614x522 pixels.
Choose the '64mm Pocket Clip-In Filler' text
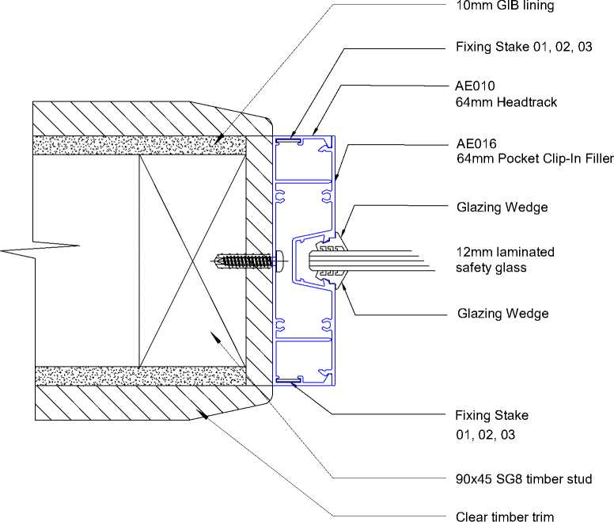pos(534,159)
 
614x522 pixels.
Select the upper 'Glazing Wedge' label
pos(502,208)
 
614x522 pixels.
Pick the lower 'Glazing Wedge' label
pos(502,314)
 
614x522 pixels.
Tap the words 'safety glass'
pos(491,268)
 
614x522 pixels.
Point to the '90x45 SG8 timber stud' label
pos(524,479)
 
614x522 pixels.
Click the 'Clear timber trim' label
pos(505,517)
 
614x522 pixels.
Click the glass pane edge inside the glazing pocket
pos(316,260)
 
